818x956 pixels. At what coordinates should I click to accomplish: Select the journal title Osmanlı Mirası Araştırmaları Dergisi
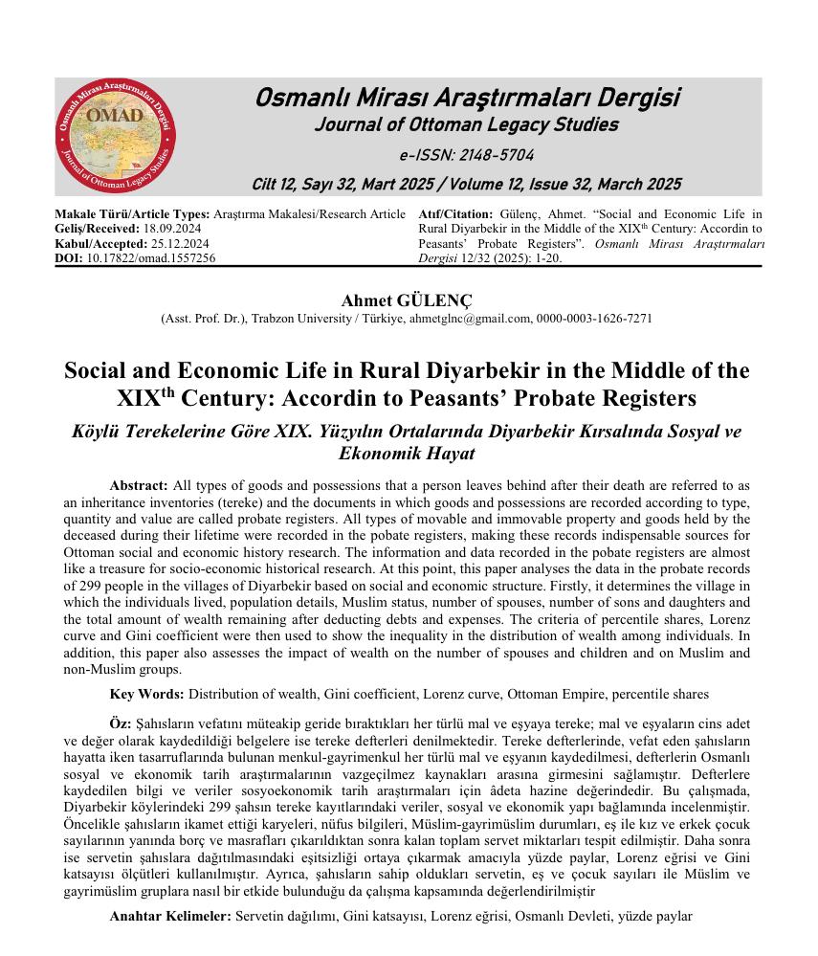tap(467, 99)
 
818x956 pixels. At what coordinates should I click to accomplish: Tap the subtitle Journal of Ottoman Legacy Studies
tap(466, 125)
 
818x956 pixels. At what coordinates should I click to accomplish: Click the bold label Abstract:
tap(139, 486)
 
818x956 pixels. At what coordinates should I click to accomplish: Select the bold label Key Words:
tap(147, 693)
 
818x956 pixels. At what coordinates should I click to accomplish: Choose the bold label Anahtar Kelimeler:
tap(170, 916)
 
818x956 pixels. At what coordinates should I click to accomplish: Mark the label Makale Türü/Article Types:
tap(133, 215)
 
